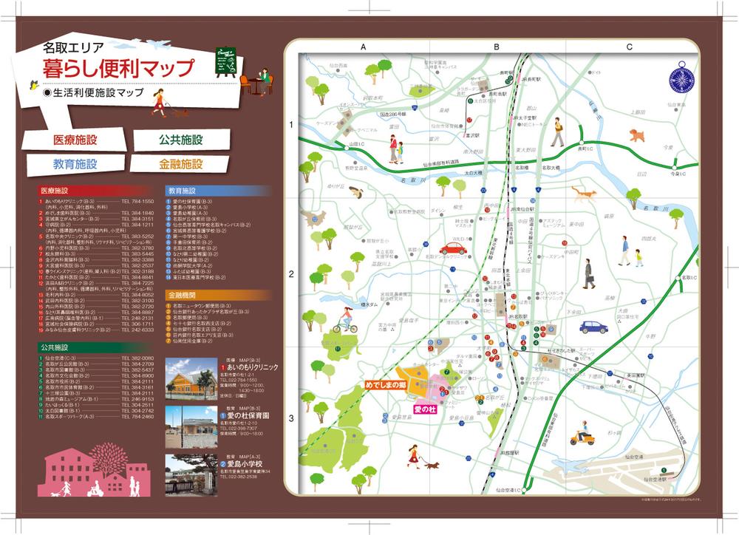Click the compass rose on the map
tap(678, 79)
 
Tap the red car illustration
tap(453, 248)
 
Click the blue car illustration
tap(593, 327)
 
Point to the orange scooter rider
tap(585, 435)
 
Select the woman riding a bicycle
tap(344, 320)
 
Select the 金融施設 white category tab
tap(180, 163)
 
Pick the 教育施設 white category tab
tap(75, 163)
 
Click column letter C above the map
tap(629, 47)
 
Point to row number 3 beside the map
tap(291, 418)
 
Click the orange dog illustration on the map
tap(636, 135)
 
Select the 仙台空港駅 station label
tap(654, 479)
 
